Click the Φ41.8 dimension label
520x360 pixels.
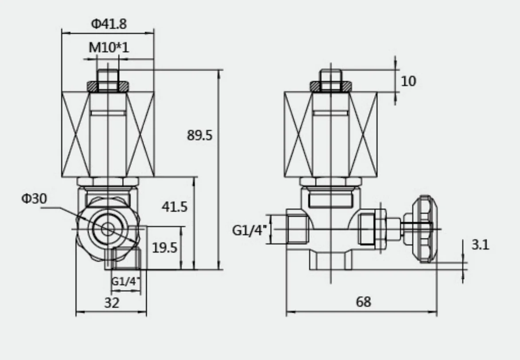tap(109, 24)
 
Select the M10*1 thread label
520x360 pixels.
tap(109, 47)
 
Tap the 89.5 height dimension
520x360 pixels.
tap(199, 135)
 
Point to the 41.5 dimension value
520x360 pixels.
tap(174, 206)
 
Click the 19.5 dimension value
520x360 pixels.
tap(164, 247)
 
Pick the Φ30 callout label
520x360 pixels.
tap(34, 199)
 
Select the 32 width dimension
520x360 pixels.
tap(111, 303)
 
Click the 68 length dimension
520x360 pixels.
tap(363, 302)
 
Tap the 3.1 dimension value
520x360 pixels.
tap(480, 245)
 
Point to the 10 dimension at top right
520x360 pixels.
tap(409, 81)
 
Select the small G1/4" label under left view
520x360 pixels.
tap(125, 281)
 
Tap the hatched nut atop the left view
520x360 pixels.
tap(108, 86)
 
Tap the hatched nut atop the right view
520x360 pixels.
tap(330, 86)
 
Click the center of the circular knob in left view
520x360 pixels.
tap(107, 229)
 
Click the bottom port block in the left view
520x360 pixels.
tap(126, 259)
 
